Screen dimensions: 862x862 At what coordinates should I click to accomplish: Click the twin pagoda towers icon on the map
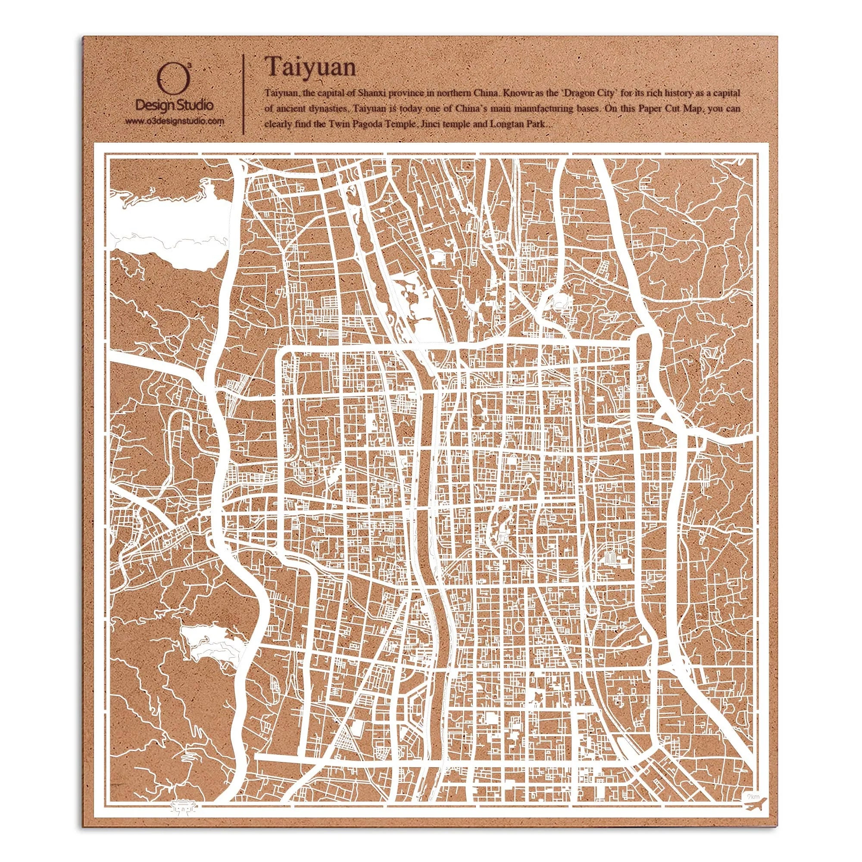(x=610, y=556)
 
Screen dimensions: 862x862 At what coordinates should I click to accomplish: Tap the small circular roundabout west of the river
(x=198, y=515)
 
